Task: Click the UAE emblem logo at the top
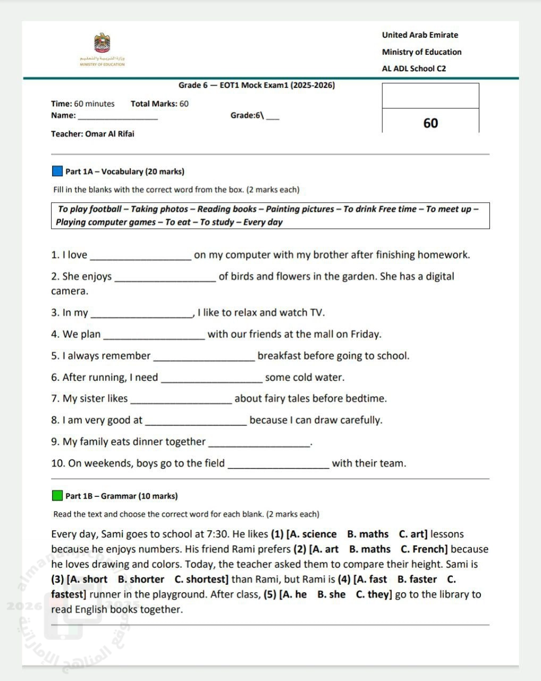click(x=102, y=43)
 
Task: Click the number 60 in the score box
click(x=430, y=123)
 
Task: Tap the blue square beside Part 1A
click(x=57, y=171)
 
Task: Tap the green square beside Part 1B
click(x=57, y=496)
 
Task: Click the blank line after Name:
click(x=117, y=117)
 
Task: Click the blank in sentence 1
click(x=141, y=256)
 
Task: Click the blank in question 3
click(x=142, y=314)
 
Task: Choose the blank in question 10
click(x=278, y=464)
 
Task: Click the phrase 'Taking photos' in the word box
click(x=159, y=209)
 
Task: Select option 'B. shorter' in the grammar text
click(x=141, y=579)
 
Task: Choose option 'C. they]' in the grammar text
click(x=374, y=594)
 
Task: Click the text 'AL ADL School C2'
click(x=414, y=69)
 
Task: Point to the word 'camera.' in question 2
click(x=70, y=291)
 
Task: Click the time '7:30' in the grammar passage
click(x=217, y=534)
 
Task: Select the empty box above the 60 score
click(x=430, y=96)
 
